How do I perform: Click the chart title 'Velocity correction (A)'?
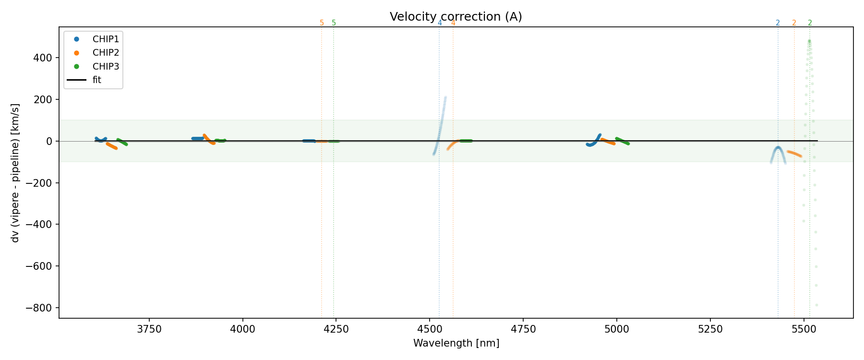coord(456,17)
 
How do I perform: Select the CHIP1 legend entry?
coord(106,39)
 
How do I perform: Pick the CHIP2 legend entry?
coord(106,53)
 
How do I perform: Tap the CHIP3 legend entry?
coord(106,67)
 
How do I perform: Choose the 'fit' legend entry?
coord(96,80)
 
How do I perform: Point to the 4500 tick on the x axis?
coord(430,329)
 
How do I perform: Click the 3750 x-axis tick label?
coord(149,329)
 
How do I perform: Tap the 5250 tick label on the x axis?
coord(710,329)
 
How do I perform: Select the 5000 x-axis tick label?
coord(616,329)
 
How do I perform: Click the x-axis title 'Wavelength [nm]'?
coord(456,343)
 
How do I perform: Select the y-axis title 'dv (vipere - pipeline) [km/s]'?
coord(15,173)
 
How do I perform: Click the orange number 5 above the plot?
coord(322,23)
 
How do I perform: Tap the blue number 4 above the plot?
coord(440,23)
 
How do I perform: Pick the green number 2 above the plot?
coord(810,23)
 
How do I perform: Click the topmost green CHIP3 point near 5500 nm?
coord(809,41)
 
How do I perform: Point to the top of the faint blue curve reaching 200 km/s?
coord(445,98)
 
